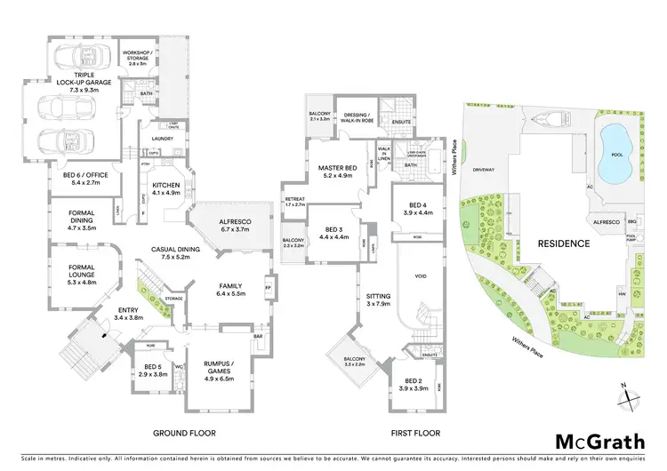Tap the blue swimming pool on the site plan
pyautogui.click(x=613, y=142)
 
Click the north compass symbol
pyautogui.click(x=629, y=395)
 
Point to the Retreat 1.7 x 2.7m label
pyautogui.click(x=293, y=202)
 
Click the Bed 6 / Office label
pyautogui.click(x=85, y=179)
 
